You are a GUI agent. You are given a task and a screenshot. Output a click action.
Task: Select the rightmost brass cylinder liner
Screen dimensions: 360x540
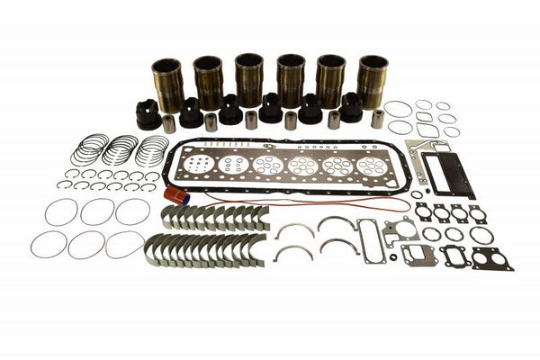[373, 82]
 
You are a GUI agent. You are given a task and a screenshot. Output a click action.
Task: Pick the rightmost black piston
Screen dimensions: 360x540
[351, 108]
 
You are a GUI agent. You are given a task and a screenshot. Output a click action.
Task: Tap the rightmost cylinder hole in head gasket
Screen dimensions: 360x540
[371, 166]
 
